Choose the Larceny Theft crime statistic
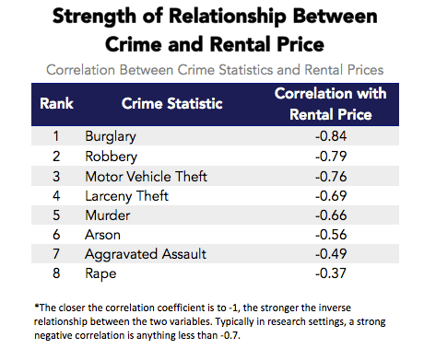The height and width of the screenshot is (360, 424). (125, 196)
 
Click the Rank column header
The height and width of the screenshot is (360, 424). (56, 103)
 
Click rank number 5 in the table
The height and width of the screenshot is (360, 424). (56, 216)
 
